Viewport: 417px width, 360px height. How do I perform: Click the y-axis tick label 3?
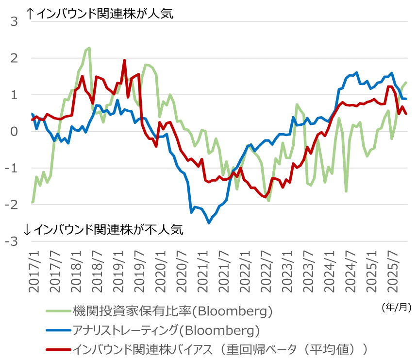click(x=14, y=21)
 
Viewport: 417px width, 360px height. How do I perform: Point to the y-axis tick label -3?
click(x=12, y=241)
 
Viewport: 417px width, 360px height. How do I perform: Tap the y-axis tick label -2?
click(x=12, y=205)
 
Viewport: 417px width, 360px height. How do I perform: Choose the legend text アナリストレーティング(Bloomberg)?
click(x=166, y=330)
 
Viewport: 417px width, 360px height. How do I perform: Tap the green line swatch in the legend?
click(x=58, y=311)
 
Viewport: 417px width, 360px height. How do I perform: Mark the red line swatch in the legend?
click(x=58, y=349)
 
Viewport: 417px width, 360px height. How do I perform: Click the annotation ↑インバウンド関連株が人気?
click(x=99, y=14)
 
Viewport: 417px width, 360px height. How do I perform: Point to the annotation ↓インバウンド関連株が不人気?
click(x=104, y=230)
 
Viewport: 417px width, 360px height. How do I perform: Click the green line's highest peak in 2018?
click(x=89, y=48)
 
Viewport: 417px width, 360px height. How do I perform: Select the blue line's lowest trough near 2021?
click(x=209, y=223)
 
